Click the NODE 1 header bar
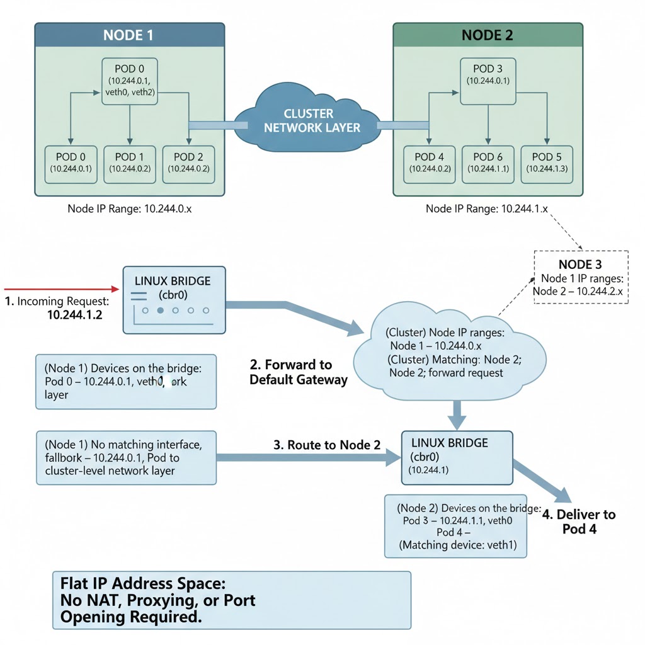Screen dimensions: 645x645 (x=128, y=35)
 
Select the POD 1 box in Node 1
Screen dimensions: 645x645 (x=129, y=164)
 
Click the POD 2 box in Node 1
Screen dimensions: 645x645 (x=188, y=164)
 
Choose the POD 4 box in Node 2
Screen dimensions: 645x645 (x=429, y=164)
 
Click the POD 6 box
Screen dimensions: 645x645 (x=488, y=164)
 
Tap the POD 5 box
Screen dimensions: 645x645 (x=546, y=164)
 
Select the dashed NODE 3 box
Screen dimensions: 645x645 (x=581, y=277)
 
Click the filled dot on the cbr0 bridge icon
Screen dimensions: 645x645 (x=160, y=311)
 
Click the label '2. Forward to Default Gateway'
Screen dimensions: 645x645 (x=299, y=372)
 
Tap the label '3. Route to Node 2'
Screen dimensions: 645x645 (x=327, y=445)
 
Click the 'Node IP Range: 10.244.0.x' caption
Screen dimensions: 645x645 (x=129, y=208)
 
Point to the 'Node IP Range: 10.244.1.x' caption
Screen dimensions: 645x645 (x=488, y=208)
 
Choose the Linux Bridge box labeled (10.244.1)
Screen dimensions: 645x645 (x=457, y=457)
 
